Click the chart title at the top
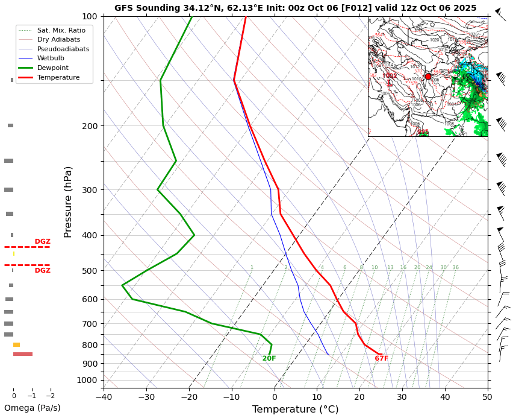click(295, 8)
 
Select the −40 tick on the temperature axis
click(104, 396)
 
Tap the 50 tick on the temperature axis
click(487, 396)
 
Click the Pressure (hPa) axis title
click(68, 201)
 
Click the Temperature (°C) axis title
click(295, 410)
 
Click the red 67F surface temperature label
click(381, 358)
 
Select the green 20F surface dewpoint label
click(269, 358)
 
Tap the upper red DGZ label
click(42, 241)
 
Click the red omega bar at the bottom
click(23, 354)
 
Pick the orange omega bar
click(16, 345)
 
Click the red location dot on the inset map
click(428, 77)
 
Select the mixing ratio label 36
click(455, 267)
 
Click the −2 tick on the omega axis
click(50, 396)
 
